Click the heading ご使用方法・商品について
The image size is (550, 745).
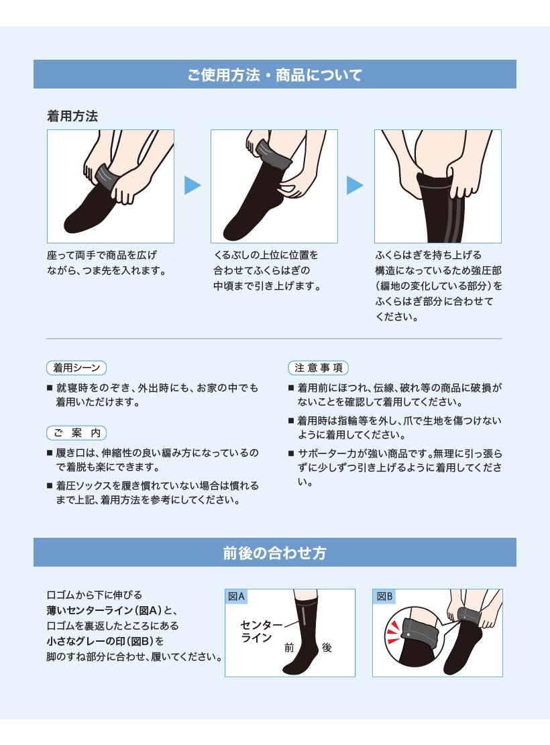[x=275, y=74]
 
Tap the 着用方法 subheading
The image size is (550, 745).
[x=72, y=116]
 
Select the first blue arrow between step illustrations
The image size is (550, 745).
[x=192, y=185]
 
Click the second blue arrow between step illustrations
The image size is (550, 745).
[x=355, y=185]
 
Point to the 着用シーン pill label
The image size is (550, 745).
[x=76, y=367]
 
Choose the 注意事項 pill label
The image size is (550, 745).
[x=319, y=367]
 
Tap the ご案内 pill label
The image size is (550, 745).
[x=76, y=433]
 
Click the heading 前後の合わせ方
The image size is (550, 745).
[x=275, y=553]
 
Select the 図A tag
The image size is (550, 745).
[x=236, y=596]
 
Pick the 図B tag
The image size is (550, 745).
[x=384, y=596]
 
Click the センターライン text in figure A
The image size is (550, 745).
[x=261, y=632]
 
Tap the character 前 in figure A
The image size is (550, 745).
[x=289, y=648]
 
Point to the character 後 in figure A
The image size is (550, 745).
[x=327, y=647]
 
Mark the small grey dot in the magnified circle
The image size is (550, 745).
[x=408, y=635]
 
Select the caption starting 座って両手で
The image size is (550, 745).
[x=107, y=263]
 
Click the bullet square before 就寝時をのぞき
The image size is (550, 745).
[x=50, y=388]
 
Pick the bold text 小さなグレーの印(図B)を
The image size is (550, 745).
[x=105, y=641]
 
